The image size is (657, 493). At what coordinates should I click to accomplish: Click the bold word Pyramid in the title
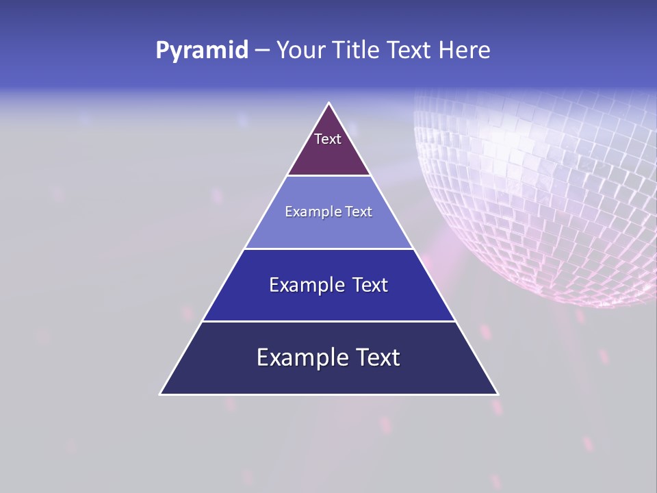click(x=202, y=50)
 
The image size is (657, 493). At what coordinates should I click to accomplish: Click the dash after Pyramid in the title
click(x=262, y=51)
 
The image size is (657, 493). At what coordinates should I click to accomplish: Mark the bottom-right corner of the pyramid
click(x=497, y=394)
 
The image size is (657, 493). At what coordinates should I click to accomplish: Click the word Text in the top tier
click(x=327, y=139)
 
